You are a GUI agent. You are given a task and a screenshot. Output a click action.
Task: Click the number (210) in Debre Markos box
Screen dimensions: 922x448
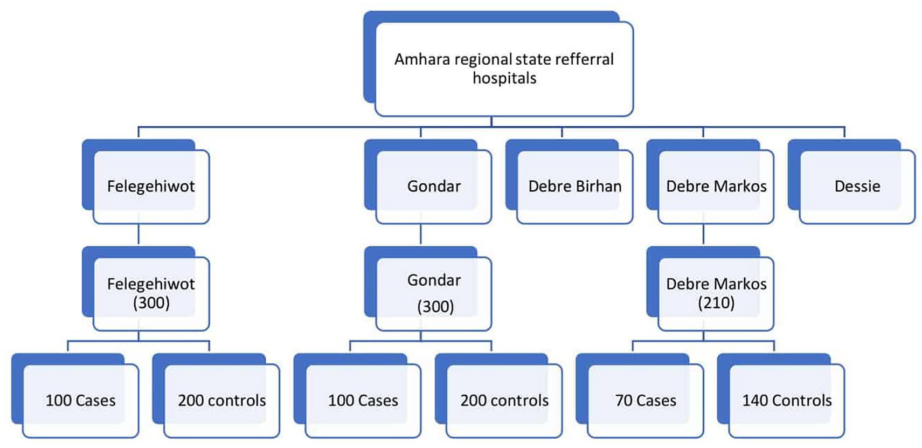coord(716,303)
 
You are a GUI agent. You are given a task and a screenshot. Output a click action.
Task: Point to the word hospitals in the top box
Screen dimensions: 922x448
coord(504,78)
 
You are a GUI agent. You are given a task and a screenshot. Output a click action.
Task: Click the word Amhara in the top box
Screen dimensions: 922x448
coord(422,59)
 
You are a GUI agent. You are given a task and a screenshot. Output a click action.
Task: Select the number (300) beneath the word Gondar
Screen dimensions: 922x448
coord(435,307)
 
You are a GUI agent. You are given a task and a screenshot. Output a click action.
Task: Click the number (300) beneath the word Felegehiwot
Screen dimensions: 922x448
coord(151,303)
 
